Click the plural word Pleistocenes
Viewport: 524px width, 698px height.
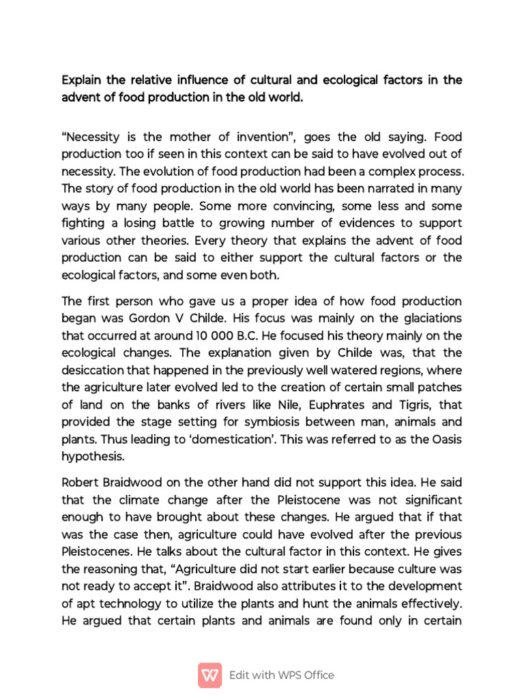(x=93, y=551)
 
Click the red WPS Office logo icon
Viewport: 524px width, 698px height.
(x=209, y=675)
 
